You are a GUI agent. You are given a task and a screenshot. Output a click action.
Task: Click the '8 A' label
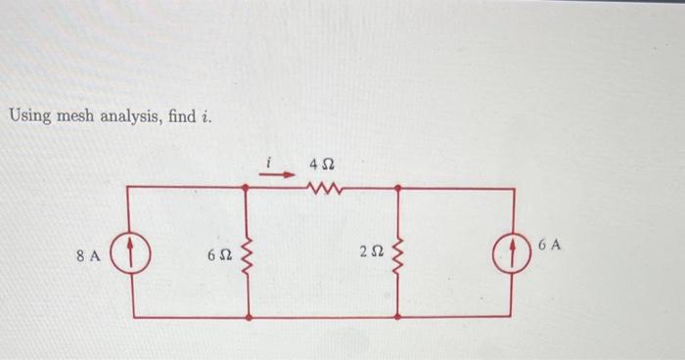(88, 256)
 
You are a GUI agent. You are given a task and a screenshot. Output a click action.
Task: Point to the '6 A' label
(550, 244)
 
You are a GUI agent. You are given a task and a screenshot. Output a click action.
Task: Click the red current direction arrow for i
(281, 175)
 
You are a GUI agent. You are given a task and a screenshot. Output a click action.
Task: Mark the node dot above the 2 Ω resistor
(397, 187)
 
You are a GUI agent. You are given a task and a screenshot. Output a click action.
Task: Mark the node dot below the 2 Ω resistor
(397, 317)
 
